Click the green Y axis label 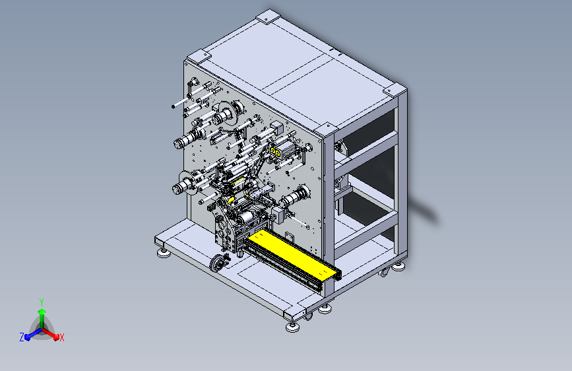click(x=42, y=302)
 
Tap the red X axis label click(x=61, y=338)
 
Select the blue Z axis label click(x=22, y=337)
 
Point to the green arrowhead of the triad click(x=42, y=312)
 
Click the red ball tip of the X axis click(x=56, y=337)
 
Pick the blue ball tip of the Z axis click(x=27, y=337)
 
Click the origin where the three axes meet click(x=42, y=329)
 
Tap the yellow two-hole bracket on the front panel click(x=274, y=151)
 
